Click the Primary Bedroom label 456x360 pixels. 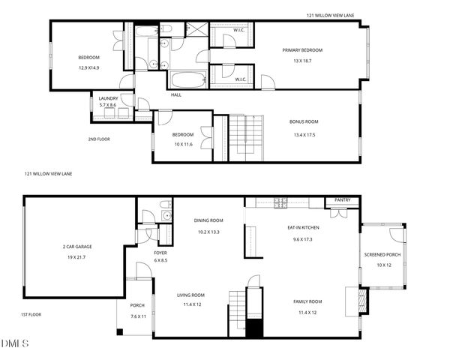tap(302, 50)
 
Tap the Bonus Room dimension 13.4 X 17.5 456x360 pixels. tap(304, 135)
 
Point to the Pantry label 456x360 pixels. tap(342, 200)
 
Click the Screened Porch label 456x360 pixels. tap(382, 255)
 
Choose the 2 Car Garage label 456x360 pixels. tap(77, 246)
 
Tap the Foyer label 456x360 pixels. tap(160, 253)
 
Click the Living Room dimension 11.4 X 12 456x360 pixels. tap(190, 304)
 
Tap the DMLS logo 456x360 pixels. tap(15, 343)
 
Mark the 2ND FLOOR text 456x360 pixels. tap(99, 139)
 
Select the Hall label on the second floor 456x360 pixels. tap(176, 94)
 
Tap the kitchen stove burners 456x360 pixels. tap(280, 202)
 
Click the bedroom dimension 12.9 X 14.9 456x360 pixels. tap(89, 67)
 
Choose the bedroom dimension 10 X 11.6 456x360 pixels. tap(184, 144)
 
